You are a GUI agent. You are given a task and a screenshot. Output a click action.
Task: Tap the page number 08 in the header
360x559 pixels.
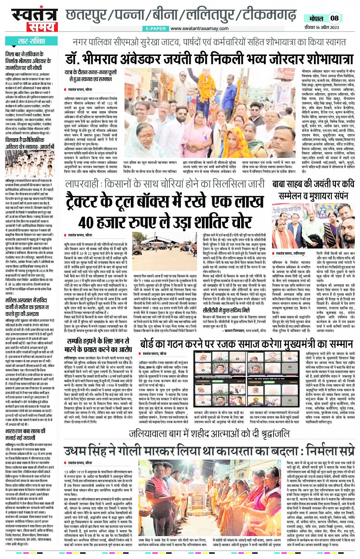tap(334, 18)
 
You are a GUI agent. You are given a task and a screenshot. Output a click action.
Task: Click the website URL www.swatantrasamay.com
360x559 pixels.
tap(199, 29)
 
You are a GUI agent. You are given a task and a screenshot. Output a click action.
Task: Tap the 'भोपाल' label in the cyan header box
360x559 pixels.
tap(316, 18)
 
